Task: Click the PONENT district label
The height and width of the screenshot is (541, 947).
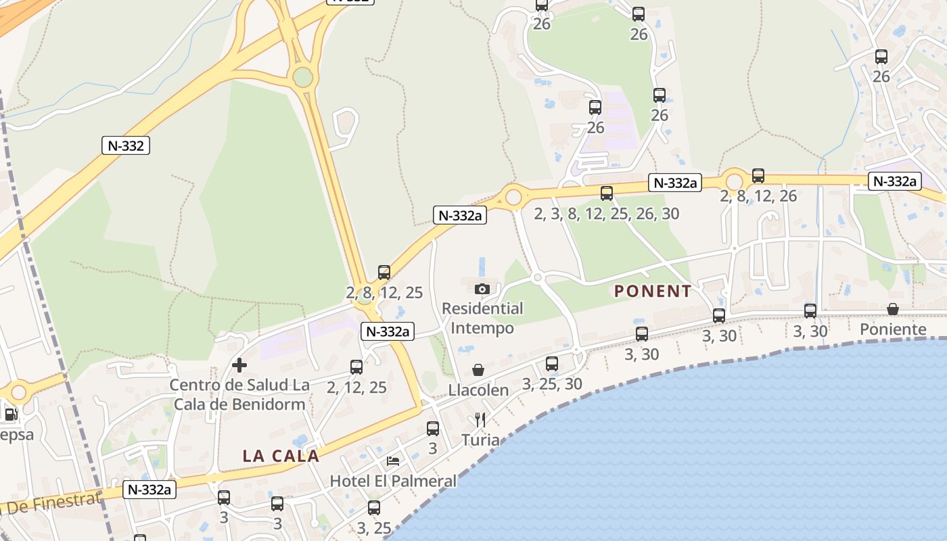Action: point(653,291)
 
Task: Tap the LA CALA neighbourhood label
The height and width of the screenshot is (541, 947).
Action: point(281,456)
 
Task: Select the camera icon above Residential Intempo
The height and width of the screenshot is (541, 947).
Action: point(482,289)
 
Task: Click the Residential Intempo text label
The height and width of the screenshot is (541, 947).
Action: point(482,319)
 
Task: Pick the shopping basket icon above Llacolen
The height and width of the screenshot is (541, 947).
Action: point(478,370)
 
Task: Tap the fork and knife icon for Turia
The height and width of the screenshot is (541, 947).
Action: point(480,419)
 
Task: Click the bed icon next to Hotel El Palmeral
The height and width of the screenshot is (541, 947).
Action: point(392,461)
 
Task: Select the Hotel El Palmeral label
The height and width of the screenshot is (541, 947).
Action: point(393,481)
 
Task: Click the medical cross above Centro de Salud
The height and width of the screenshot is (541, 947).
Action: point(239,365)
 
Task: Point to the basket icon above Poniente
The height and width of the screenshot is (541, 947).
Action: point(893,309)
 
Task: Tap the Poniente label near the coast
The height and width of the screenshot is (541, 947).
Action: point(893,329)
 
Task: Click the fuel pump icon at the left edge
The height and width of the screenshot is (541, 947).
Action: point(11,414)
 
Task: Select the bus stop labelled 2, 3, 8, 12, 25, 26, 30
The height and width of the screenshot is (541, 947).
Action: point(607,193)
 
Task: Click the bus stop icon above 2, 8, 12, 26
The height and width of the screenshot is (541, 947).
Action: point(758,176)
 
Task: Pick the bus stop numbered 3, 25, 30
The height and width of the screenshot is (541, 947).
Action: point(552,364)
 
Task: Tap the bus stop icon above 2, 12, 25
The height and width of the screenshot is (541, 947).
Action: point(356,367)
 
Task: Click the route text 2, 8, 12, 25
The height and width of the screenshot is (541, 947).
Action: point(384,293)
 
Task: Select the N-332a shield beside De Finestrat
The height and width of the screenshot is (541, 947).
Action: point(149,490)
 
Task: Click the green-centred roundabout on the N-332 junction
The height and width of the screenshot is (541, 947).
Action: point(303,77)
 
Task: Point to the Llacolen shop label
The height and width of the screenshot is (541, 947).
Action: point(478,390)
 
